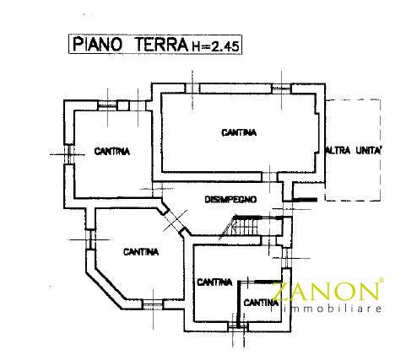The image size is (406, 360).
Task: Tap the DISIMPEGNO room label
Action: [230, 200]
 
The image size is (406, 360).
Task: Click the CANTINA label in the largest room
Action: [239, 132]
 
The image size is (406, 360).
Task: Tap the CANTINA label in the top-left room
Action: [112, 152]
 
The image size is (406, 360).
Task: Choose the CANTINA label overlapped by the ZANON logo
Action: [263, 303]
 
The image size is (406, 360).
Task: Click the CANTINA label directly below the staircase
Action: [214, 282]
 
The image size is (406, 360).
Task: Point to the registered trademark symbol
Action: [381, 281]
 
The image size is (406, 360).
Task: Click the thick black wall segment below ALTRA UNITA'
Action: [305, 200]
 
